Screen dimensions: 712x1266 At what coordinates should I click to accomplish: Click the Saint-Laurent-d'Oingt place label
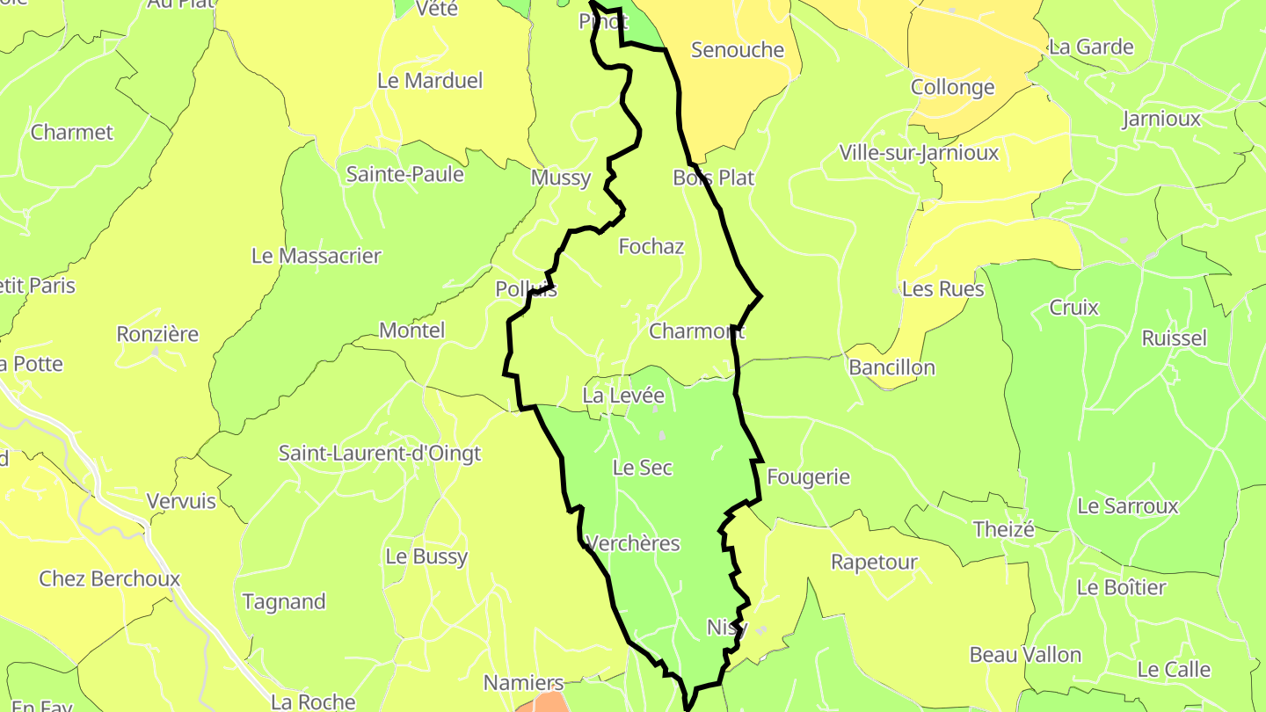(380, 454)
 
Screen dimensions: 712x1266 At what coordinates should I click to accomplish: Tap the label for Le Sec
(642, 468)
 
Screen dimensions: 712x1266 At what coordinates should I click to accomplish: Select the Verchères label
(632, 543)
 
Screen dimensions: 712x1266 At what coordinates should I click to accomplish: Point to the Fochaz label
(651, 246)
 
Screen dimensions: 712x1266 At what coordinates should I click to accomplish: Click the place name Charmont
(696, 331)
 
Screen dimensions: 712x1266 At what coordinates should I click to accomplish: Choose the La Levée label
(623, 396)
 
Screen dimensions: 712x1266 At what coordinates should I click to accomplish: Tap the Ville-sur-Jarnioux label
(919, 153)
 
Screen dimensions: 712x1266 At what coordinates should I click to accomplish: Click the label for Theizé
(1003, 529)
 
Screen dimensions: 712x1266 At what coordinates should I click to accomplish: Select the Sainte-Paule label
(404, 174)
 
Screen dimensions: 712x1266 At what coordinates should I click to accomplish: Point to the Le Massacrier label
(316, 256)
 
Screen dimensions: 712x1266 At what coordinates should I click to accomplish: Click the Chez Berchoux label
(109, 578)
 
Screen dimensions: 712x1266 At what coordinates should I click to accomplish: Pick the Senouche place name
(737, 50)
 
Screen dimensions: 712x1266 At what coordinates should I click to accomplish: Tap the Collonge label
(952, 87)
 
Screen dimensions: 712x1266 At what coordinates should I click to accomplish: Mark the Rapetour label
(874, 562)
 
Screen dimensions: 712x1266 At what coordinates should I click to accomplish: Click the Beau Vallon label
(1025, 655)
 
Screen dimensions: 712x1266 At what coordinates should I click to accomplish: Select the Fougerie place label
(808, 476)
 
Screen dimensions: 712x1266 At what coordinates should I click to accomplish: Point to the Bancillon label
(891, 367)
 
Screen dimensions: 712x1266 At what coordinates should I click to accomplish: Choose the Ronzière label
(157, 334)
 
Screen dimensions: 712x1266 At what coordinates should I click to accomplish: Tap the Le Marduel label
(430, 80)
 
